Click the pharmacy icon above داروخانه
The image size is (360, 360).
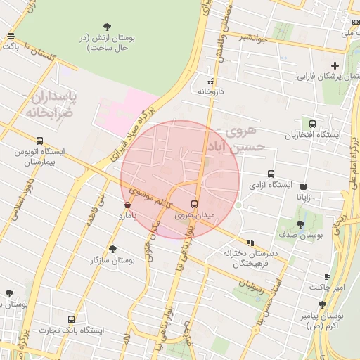(209, 81)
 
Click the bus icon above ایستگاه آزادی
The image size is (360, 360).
(271, 174)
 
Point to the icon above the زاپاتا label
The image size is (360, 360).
(303, 187)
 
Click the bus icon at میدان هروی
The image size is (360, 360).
(195, 205)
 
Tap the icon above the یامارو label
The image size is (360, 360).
(127, 205)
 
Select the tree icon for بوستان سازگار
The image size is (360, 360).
(112, 249)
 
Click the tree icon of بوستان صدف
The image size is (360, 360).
(300, 224)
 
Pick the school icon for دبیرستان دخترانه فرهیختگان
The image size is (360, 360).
(250, 243)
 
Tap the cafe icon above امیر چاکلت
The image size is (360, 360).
(327, 277)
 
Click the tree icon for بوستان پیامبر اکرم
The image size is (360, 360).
(321, 305)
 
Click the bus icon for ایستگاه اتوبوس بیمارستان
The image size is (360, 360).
(39, 140)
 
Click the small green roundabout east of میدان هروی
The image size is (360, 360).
(238, 205)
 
